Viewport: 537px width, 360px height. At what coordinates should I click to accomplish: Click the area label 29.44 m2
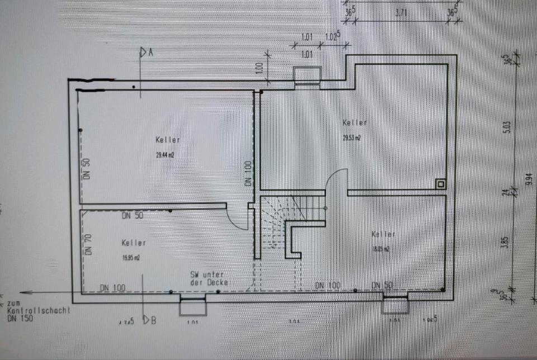[166, 156]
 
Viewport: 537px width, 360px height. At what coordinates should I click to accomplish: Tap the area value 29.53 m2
[351, 138]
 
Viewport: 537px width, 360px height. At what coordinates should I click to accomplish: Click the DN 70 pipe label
[88, 244]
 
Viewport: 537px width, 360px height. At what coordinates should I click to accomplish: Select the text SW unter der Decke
[207, 278]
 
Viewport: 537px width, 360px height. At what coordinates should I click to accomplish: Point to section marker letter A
[150, 53]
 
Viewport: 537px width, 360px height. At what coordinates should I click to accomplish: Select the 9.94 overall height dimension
[529, 179]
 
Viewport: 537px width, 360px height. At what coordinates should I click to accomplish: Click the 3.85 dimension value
[505, 241]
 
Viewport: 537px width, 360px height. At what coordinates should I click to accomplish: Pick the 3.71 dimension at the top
[401, 12]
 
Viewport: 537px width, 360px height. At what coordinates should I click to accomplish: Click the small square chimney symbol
[441, 183]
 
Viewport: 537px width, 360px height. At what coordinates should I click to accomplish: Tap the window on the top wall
[307, 75]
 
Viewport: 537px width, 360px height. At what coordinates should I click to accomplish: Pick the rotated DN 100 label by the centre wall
[248, 173]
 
